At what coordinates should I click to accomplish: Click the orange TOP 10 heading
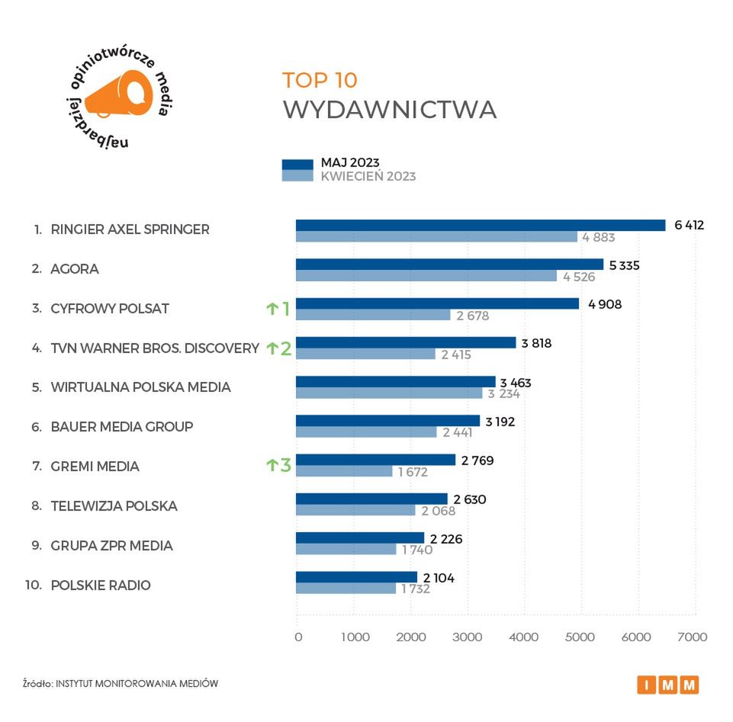(x=320, y=80)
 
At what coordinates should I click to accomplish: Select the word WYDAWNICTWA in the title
(x=389, y=109)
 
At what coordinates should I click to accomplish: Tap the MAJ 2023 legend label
(x=350, y=162)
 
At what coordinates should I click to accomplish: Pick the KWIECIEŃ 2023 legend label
(x=368, y=176)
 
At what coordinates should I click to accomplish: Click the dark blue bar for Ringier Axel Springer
(x=481, y=225)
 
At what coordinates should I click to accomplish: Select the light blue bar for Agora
(x=426, y=276)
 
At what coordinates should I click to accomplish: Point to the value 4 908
(x=605, y=304)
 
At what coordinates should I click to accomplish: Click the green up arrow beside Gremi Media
(x=271, y=465)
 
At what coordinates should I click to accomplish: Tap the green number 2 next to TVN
(x=285, y=349)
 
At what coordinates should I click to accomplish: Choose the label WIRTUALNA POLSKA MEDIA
(x=140, y=387)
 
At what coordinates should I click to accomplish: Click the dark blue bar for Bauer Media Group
(x=387, y=420)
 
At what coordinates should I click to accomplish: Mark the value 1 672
(x=413, y=472)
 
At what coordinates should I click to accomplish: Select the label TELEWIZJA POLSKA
(x=114, y=505)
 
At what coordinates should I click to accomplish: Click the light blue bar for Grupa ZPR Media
(x=346, y=549)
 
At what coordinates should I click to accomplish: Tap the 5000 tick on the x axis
(x=580, y=637)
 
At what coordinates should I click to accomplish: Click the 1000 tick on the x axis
(x=355, y=637)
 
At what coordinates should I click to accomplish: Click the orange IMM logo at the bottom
(x=668, y=685)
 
